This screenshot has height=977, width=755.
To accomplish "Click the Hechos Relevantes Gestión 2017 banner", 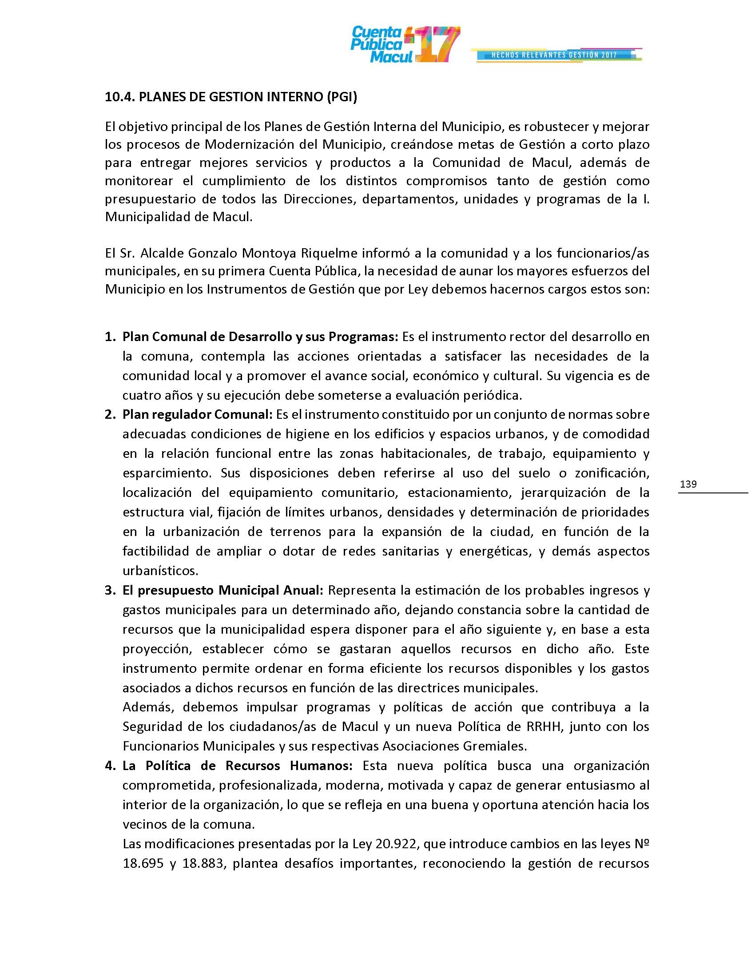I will click(x=555, y=55).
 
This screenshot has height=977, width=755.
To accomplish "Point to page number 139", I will click(x=688, y=484).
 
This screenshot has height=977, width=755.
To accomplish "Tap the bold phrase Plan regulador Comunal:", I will click(x=197, y=414).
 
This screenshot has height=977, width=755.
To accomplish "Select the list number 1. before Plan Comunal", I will click(x=110, y=337).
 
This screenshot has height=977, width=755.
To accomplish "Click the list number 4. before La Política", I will click(x=110, y=766).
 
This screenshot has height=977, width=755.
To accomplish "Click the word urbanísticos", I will click(x=160, y=571).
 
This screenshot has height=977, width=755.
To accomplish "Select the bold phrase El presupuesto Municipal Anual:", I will click(x=223, y=591).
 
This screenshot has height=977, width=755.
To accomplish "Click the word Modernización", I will click(x=252, y=144).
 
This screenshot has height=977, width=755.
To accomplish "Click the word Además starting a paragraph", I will click(x=147, y=707).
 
